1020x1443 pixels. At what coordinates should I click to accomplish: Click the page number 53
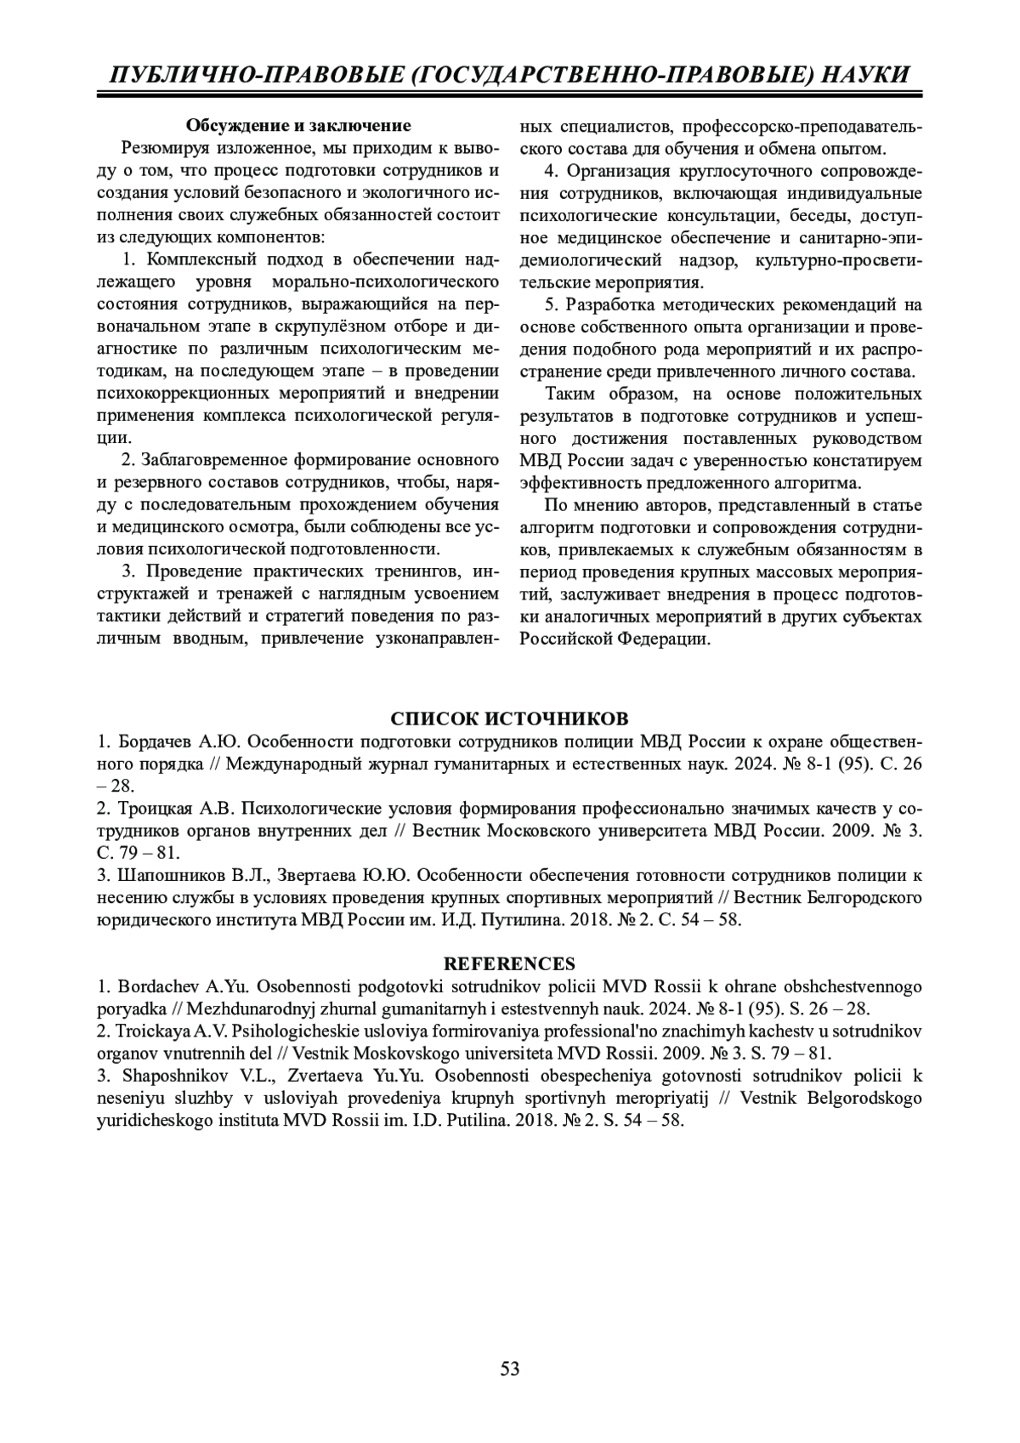tap(510, 1368)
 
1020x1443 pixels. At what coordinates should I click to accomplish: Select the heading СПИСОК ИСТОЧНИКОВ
tap(510, 717)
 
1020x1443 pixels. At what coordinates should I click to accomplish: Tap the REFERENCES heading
tap(510, 963)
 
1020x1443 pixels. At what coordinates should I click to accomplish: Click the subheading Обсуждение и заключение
tap(298, 126)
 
